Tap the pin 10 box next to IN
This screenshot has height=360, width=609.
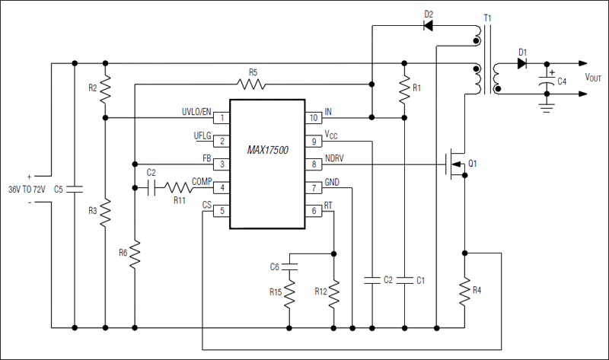point(313,117)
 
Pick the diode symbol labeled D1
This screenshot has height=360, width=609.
point(523,64)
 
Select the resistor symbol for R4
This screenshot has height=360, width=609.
point(465,291)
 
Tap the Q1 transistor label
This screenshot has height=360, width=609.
point(473,164)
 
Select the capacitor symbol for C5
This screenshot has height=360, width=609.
point(74,189)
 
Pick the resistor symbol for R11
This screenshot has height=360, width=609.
point(180,187)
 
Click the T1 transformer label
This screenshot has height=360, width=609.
point(488,17)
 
